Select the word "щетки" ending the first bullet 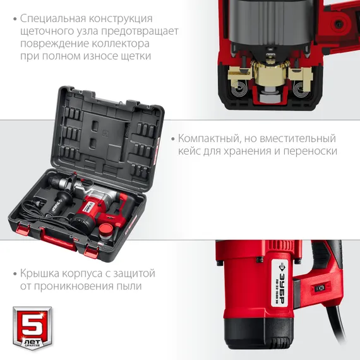(137, 57)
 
